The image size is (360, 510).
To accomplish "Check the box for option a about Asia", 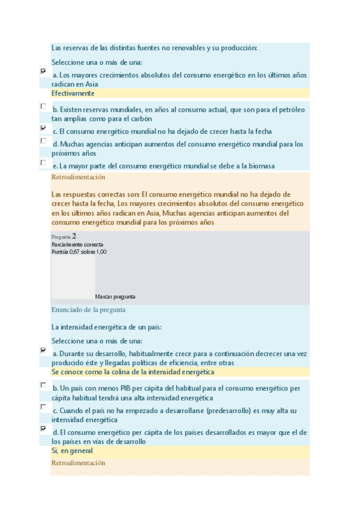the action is [43, 71].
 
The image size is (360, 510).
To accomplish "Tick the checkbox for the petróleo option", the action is [43, 106].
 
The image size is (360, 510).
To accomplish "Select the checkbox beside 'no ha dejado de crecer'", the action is [43, 127].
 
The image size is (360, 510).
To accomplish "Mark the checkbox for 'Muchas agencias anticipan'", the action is [43, 141].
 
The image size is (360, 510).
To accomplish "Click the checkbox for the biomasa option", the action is [43, 162].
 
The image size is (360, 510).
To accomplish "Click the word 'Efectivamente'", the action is [73, 94].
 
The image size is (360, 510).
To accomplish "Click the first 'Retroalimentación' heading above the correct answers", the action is [78, 177].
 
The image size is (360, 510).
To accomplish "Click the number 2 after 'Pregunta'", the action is [74, 236].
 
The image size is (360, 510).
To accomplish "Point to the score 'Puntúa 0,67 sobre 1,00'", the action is [79, 252].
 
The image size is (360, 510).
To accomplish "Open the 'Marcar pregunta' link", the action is [115, 296].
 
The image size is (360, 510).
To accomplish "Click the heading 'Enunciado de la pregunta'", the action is [88, 310].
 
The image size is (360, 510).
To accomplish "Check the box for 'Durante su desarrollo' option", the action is [43, 350].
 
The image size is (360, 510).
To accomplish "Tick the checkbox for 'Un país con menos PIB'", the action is [43, 385].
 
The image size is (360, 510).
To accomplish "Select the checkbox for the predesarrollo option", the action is [43, 407].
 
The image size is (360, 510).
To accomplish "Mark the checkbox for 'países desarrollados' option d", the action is [43, 429].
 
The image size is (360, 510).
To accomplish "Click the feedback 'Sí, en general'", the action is [72, 450].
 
